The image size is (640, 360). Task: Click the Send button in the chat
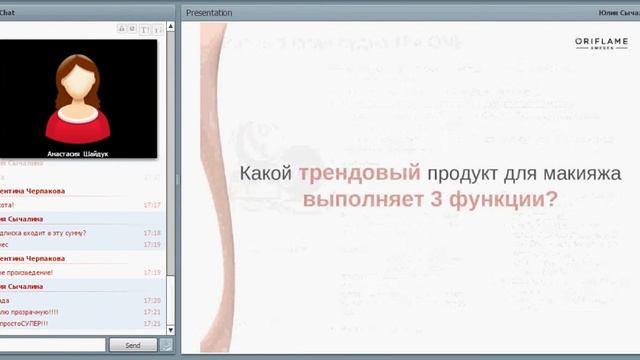coord(132,345)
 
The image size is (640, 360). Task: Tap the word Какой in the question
coord(265,173)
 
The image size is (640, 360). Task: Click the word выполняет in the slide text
coord(358,199)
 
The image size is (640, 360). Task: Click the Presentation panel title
coord(209,13)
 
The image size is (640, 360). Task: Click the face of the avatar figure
coord(77,80)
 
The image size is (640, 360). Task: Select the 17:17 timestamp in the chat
coord(152,205)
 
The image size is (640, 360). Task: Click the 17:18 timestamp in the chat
coord(152,233)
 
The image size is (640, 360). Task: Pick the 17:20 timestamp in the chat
coord(152,300)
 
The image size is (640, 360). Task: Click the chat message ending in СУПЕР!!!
coord(24,324)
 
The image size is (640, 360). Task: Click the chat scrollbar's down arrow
coord(170,330)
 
